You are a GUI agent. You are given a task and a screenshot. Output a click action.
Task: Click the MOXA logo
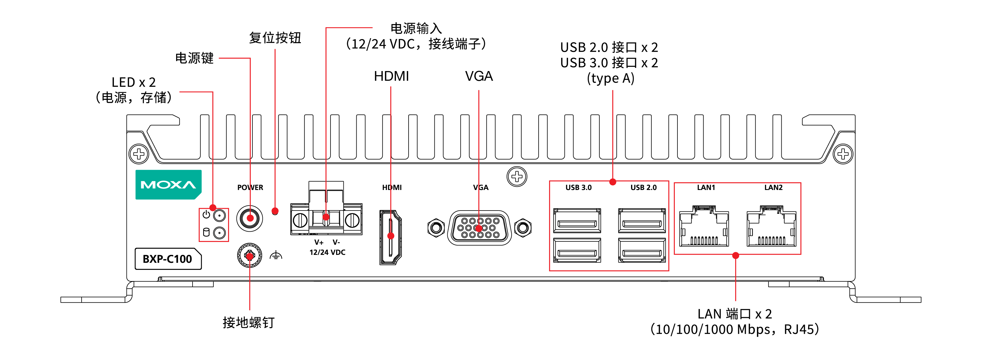point(168,185)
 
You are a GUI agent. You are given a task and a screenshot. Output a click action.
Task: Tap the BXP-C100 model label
point(168,259)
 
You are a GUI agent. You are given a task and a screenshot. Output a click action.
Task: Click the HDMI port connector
point(390,237)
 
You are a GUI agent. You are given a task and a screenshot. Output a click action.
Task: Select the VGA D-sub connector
point(479,228)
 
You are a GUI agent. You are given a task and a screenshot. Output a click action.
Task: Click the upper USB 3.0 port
point(577,221)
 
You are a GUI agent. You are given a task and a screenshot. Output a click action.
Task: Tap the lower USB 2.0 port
point(642,250)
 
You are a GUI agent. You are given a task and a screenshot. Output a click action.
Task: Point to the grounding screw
point(249,256)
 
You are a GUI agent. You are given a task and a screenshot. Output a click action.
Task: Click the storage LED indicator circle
point(220,233)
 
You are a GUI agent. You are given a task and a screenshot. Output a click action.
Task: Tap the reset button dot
point(275,211)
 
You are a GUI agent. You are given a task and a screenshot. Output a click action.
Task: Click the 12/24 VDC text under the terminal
point(327,252)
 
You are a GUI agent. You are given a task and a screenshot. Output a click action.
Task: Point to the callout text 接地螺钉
point(248,323)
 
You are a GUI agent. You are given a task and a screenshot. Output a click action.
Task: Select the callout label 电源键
point(194,58)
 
